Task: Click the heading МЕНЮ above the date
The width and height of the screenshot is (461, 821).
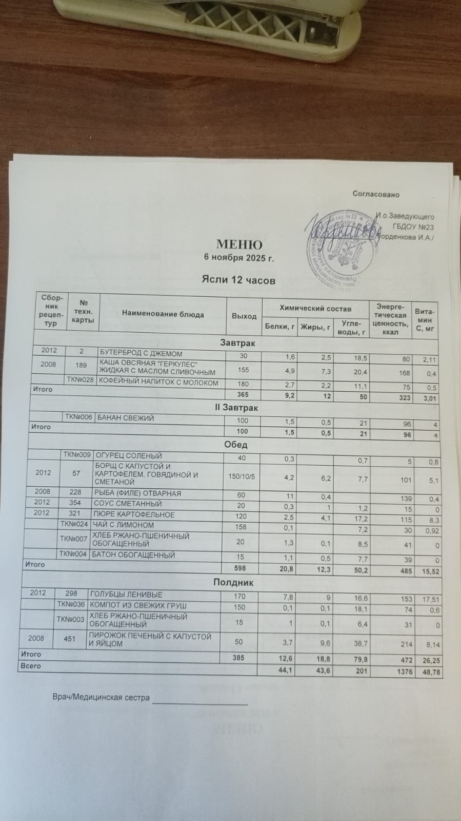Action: (239, 245)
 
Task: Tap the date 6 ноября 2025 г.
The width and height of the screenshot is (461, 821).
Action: (239, 258)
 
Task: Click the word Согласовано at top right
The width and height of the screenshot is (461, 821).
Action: (376, 194)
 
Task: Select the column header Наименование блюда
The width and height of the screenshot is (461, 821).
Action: (163, 314)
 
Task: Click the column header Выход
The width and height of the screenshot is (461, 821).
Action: (244, 316)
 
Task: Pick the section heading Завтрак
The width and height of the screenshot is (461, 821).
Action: (237, 342)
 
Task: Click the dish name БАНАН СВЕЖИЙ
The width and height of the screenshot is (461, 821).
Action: (126, 418)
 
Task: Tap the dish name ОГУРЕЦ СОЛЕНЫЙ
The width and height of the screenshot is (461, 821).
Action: (130, 455)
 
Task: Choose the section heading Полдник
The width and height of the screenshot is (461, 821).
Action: (233, 583)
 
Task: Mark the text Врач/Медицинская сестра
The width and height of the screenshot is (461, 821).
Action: (101, 697)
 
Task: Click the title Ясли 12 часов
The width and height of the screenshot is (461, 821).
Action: (238, 280)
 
